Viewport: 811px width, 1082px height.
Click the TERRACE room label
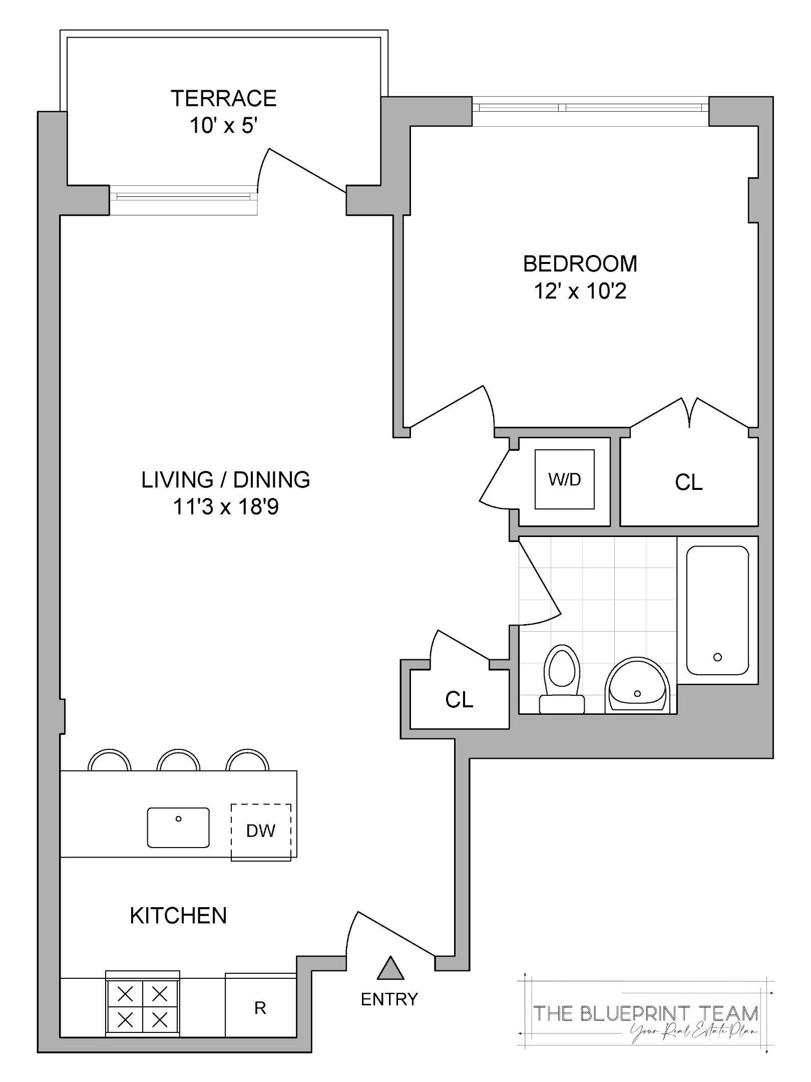point(223,98)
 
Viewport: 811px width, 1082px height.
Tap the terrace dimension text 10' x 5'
point(223,125)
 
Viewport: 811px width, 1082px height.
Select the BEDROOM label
point(580,264)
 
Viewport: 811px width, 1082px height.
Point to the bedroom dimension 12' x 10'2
point(580,291)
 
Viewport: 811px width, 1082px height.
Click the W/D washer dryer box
point(564,479)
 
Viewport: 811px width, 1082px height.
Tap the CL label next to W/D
point(688,482)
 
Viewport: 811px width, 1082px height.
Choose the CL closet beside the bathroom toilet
point(459,700)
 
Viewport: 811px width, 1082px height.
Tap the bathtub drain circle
point(717,657)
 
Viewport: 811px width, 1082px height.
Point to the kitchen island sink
point(178,828)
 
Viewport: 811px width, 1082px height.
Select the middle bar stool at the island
point(178,761)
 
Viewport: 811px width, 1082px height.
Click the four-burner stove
point(143,1008)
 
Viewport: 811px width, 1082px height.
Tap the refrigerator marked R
point(260,1008)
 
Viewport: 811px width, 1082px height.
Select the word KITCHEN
point(178,916)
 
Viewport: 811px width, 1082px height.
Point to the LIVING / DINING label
point(225,480)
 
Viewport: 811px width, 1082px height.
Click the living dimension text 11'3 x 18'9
point(225,507)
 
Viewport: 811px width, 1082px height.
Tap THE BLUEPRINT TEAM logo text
point(646,1013)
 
